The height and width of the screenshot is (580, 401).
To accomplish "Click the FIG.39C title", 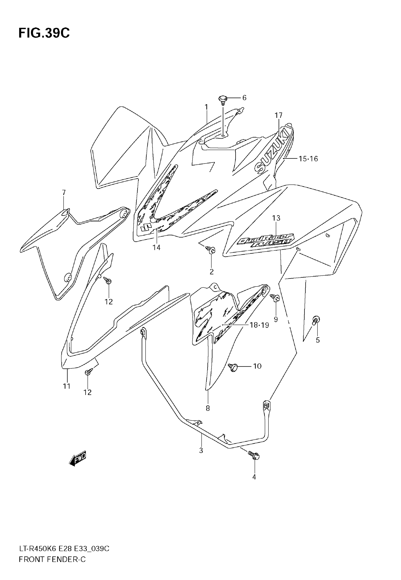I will [x=44, y=33].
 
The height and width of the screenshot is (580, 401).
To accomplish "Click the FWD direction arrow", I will [x=78, y=459].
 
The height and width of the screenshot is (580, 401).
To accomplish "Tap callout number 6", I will [x=244, y=98].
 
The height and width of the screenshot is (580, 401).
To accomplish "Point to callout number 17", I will [x=278, y=115].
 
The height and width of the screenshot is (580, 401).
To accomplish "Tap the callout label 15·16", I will [x=308, y=159].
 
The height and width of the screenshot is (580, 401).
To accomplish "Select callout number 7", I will [x=64, y=193].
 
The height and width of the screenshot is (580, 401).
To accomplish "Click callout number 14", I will [x=156, y=248].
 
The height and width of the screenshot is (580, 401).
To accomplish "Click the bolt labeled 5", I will [x=316, y=320].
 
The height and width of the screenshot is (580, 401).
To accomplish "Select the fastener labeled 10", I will [x=234, y=367].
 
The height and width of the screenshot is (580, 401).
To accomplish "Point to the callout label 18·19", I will [x=259, y=325].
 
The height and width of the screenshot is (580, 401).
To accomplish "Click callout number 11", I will [x=67, y=386].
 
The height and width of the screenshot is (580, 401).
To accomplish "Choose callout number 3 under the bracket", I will [x=201, y=451].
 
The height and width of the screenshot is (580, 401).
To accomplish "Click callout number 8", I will [x=208, y=408].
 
